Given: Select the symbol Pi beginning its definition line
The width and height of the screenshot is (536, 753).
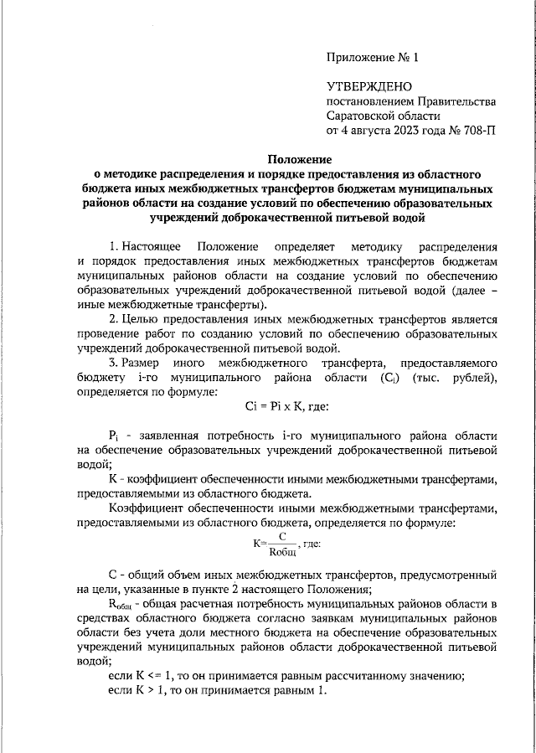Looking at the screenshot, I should click(116, 436).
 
